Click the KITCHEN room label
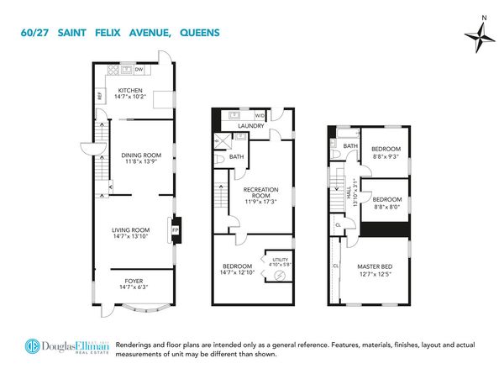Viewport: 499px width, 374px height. tap(130, 90)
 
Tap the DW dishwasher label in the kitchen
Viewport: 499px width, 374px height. tap(139, 70)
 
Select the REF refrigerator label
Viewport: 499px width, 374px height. tap(100, 95)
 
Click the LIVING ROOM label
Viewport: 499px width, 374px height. tap(131, 229)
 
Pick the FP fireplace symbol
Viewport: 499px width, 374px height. tap(176, 229)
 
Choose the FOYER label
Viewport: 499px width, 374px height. tap(134, 282)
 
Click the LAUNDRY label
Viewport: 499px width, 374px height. tap(250, 126)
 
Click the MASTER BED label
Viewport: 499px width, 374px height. tap(376, 266)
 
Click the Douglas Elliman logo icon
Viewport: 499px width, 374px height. tap(33, 347)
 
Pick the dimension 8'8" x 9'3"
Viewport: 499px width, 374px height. tap(387, 156)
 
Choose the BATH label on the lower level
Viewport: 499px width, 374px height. tap(237, 156)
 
